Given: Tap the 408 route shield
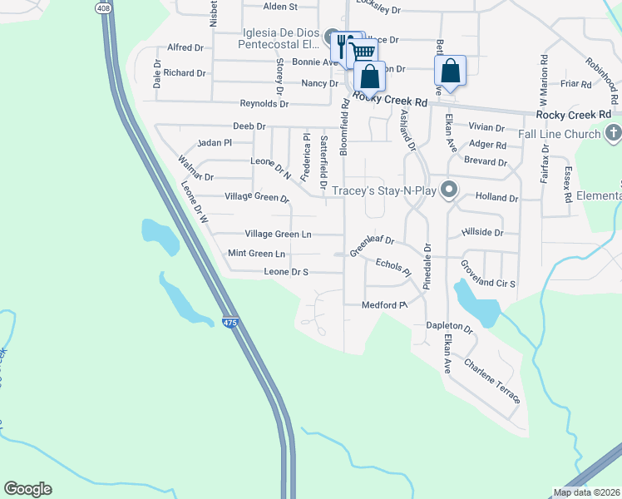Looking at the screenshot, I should point(102,8).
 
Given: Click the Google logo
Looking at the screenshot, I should point(27,489).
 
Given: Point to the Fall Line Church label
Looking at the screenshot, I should point(559,134).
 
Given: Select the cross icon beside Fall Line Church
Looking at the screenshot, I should point(613,133).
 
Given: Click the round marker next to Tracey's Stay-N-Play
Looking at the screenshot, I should point(449,190).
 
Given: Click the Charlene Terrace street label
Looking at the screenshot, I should point(492,382).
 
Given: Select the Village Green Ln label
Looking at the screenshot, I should point(278,235).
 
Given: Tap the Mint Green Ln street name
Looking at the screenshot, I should point(256,253).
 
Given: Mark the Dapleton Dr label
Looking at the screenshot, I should point(449,329).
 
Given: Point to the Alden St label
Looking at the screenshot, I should point(279,7).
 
